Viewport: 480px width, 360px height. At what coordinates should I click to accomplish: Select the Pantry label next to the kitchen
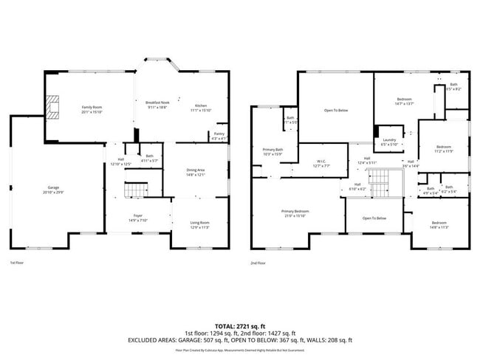tap(219, 135)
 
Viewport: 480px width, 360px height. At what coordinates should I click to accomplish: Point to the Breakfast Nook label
tap(157, 103)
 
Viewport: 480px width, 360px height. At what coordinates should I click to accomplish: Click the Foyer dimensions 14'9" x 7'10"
tap(138, 221)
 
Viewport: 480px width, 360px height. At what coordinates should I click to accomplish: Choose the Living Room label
tap(200, 222)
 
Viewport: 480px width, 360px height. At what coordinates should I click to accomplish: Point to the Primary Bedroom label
tap(294, 211)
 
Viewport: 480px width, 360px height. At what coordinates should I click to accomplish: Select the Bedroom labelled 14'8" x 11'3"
tap(439, 225)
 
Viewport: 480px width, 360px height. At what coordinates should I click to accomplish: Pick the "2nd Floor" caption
tap(258, 262)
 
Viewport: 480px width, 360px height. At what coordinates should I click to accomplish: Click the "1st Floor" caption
tap(16, 262)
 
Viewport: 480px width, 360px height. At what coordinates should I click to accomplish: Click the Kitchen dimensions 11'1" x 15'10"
tap(202, 110)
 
